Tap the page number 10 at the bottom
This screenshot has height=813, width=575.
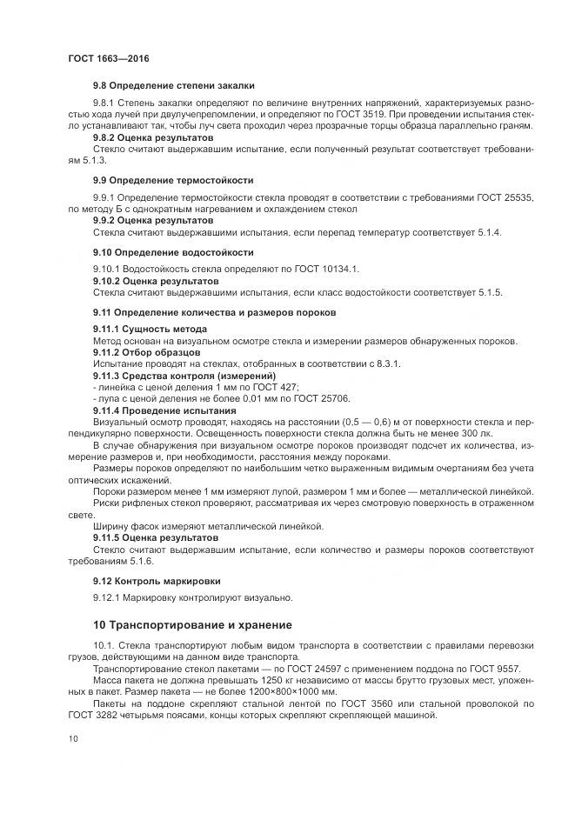[74, 738]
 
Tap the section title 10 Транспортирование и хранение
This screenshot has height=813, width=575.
[192, 624]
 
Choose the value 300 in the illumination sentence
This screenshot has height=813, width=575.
[471, 432]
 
